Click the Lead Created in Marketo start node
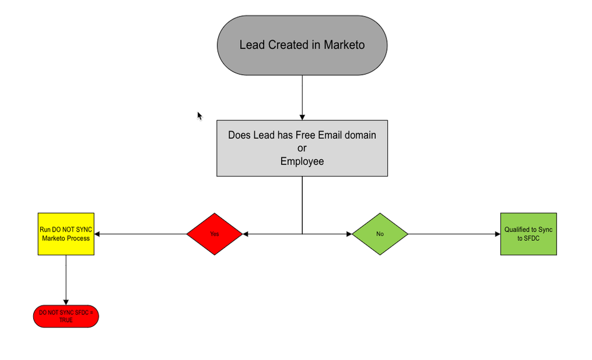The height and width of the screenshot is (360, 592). click(302, 45)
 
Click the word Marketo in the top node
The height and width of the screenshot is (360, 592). click(345, 45)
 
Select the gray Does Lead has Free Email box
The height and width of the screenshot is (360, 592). click(302, 148)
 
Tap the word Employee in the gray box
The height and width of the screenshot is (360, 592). click(302, 161)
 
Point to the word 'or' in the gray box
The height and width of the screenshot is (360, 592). click(302, 148)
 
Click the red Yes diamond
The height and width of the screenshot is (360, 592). click(215, 234)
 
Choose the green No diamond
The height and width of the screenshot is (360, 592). click(380, 234)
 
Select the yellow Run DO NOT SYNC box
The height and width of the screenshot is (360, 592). click(66, 234)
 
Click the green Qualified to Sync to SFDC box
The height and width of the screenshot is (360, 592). click(528, 234)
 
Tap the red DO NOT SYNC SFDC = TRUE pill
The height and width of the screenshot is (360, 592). click(65, 316)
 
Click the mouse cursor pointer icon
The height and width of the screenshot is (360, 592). click(200, 115)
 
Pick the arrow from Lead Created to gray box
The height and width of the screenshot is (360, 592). click(302, 98)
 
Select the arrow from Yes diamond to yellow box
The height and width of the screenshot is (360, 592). click(140, 234)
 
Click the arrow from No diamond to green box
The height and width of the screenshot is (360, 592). click(454, 234)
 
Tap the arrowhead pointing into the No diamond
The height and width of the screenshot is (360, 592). click(348, 234)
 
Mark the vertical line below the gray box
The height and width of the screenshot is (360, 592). click(302, 204)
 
